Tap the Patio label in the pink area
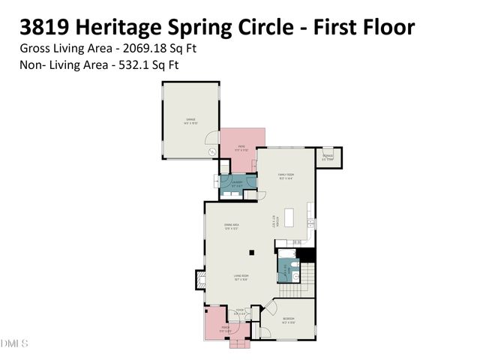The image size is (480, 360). coord(241,148)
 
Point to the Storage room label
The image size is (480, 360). coord(328,157)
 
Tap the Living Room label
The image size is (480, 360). coord(240,277)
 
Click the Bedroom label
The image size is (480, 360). coord(288,320)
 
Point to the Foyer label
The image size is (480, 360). coord(239,311)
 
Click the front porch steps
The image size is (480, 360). coord(239,343)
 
